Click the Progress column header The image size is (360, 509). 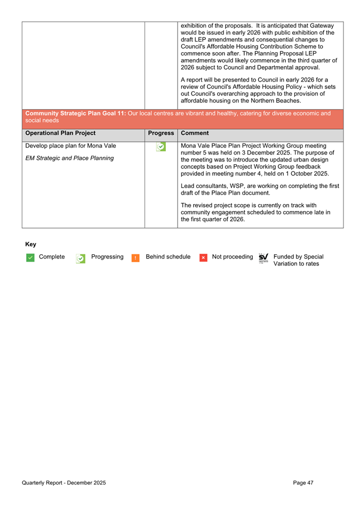point(161,133)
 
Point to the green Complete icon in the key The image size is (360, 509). point(30,257)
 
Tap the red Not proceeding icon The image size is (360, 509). point(203,257)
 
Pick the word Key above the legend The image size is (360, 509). point(31,244)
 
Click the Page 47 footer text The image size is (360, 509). point(303,483)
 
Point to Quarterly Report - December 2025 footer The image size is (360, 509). point(63,483)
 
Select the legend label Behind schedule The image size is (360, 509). point(168,257)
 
